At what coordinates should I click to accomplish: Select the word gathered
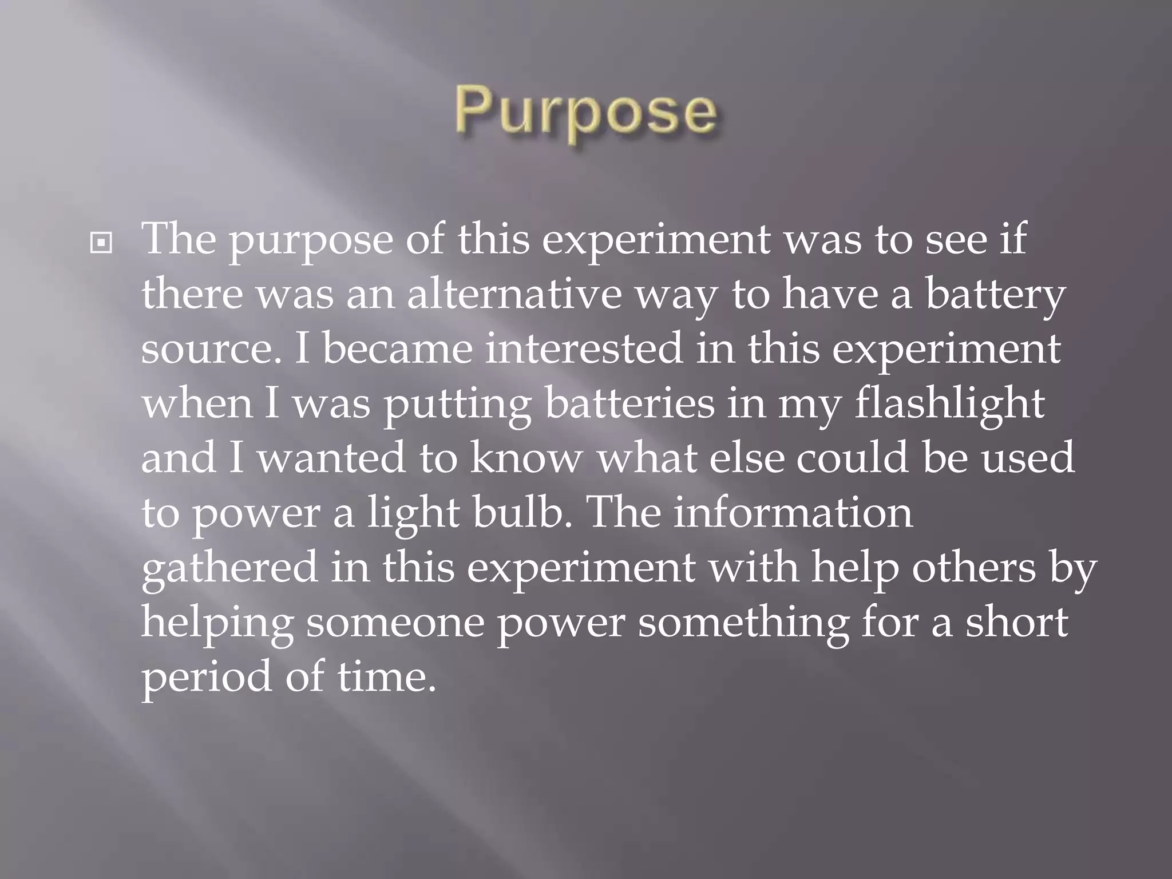pos(229,569)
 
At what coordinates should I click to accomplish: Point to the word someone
pos(395,623)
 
